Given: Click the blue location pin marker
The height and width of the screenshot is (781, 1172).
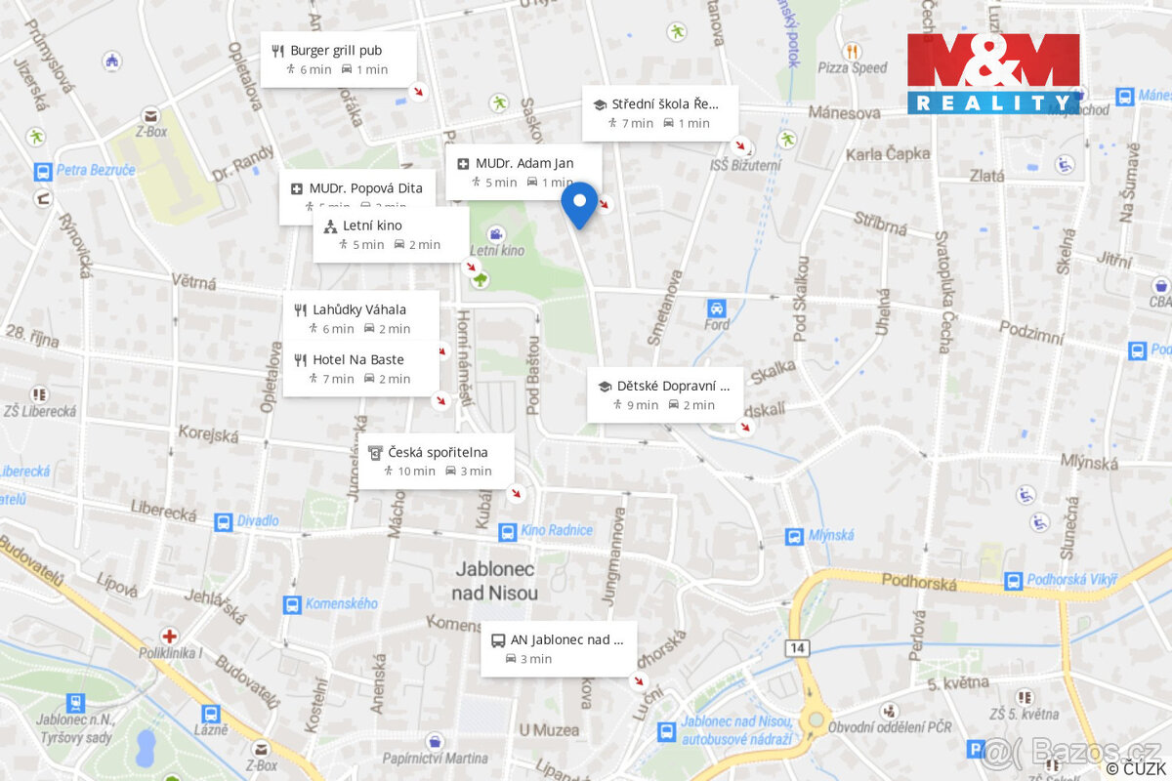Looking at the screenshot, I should coord(580,204).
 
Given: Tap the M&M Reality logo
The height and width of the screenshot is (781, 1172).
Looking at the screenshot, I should coord(993,73).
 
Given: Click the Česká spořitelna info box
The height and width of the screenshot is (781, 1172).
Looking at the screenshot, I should coord(436,461).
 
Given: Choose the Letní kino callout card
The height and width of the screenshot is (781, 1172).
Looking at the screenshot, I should coord(391,234).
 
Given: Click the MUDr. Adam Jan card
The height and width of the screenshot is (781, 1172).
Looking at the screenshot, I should coord(523,172).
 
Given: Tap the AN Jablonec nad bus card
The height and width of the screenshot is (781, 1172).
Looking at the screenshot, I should coord(558,648).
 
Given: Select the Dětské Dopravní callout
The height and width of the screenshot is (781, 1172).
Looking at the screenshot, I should coord(664,394).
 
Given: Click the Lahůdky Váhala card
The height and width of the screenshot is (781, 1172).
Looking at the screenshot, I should coord(358,318).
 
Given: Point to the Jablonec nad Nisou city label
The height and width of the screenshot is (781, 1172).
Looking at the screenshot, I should coord(495,581).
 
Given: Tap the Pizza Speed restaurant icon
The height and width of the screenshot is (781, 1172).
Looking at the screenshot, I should coord(853,51).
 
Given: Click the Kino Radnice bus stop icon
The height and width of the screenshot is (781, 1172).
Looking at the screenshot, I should coord(507,531).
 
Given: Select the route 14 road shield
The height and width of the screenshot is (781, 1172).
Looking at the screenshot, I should coord(799,648).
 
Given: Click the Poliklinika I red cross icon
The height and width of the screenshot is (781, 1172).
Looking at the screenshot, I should coord(170,635).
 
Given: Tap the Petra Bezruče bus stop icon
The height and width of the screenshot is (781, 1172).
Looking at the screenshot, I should coord(42,171).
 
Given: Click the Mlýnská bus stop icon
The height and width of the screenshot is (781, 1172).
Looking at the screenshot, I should coord(794,535).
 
